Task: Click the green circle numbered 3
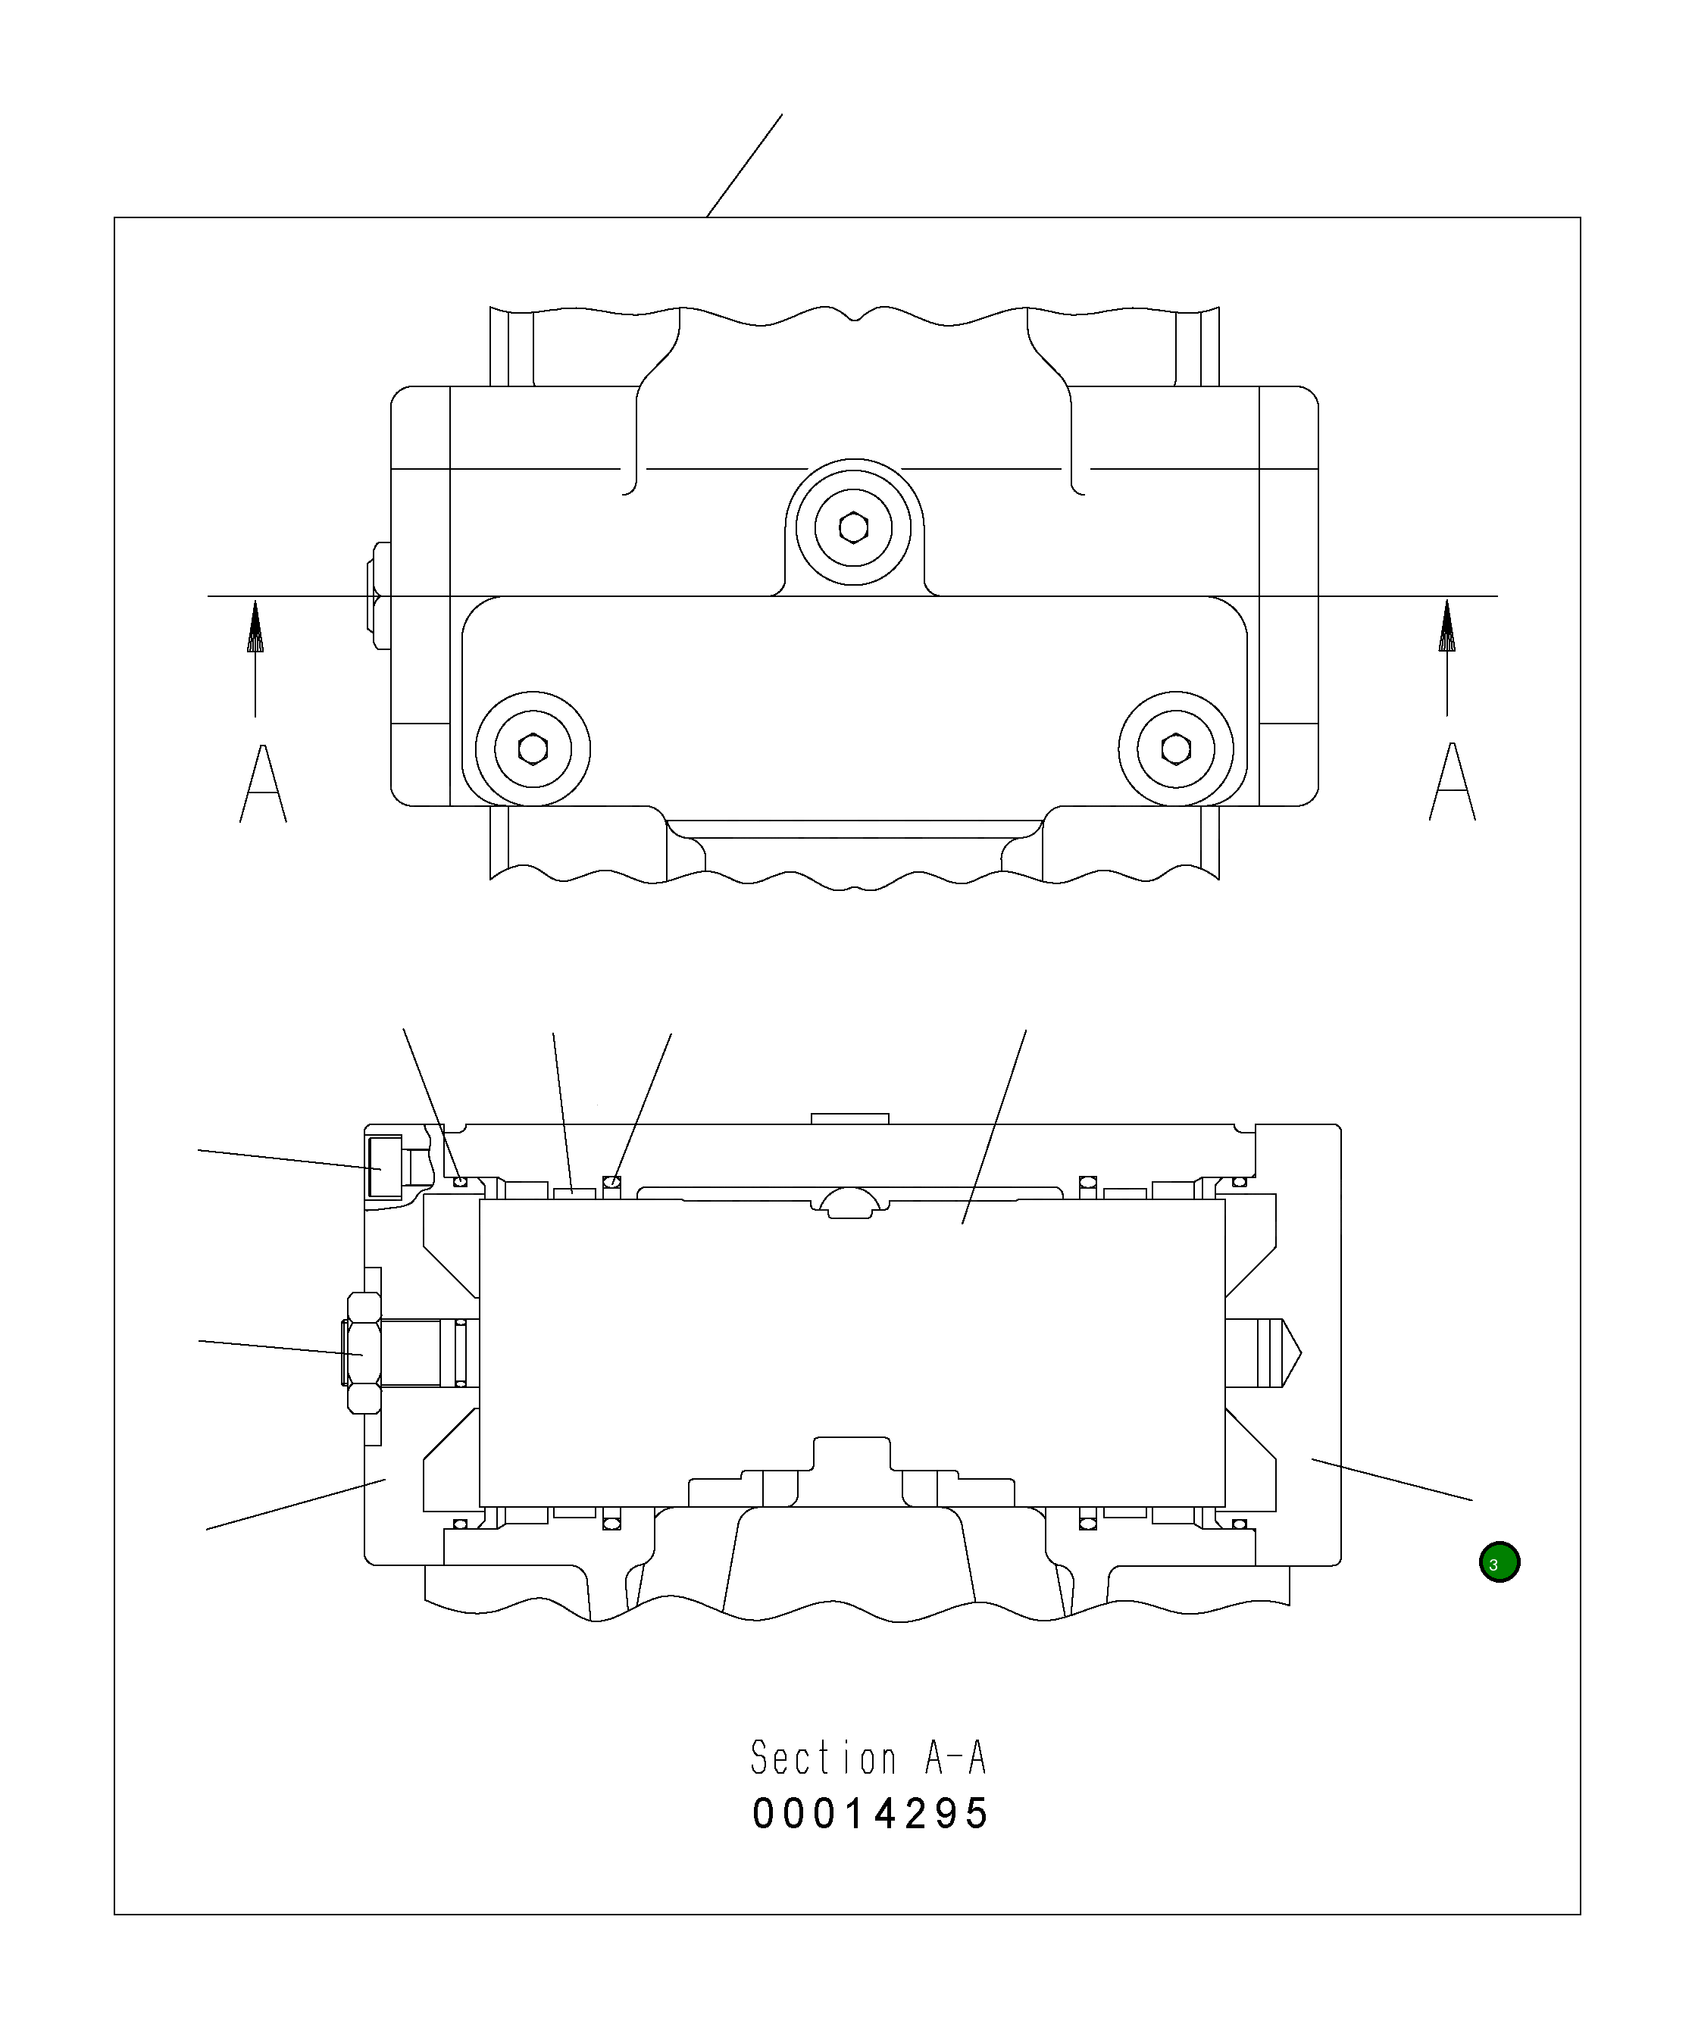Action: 1499,1562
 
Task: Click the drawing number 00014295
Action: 871,1814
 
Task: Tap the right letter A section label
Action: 1453,783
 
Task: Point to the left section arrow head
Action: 255,626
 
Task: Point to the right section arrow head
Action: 1446,626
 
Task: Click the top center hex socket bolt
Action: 853,527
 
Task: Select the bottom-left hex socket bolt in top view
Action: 533,749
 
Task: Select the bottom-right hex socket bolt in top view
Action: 1176,748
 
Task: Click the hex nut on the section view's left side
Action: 362,1352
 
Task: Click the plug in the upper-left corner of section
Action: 385,1167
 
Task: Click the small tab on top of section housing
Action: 849,1119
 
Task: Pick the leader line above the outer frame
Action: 744,165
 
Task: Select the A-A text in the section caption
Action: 955,1758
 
